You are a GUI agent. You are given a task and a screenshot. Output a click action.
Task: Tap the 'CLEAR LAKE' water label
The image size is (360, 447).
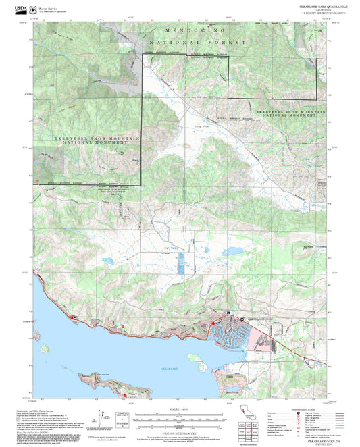tap(169, 369)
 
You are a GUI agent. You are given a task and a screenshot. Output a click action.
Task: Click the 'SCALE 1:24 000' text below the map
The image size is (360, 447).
tap(178, 409)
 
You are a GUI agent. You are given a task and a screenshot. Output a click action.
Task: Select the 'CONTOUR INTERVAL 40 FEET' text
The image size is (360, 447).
tap(178, 430)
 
